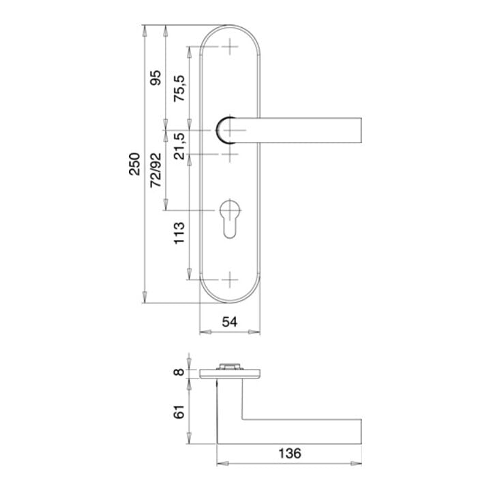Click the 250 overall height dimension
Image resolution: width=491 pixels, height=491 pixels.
(136, 164)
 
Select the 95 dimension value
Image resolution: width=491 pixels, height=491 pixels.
(156, 78)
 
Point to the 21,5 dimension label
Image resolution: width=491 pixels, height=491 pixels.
(179, 145)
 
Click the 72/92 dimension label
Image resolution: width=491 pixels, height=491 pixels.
(156, 170)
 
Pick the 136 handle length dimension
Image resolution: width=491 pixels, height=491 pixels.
(289, 453)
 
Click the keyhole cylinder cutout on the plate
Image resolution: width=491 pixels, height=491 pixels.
(230, 218)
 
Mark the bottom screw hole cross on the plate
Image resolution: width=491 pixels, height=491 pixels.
(230, 280)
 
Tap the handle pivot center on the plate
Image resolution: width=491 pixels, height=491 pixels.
(230, 130)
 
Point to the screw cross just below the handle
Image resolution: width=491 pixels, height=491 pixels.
(230, 154)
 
